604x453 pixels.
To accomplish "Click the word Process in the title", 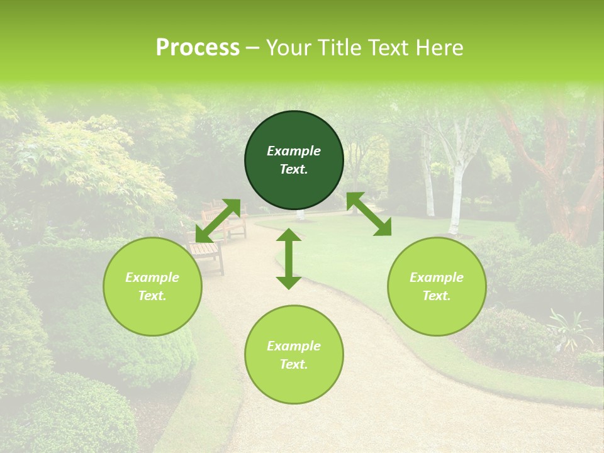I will click(x=198, y=48).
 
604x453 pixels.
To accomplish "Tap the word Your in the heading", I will click(x=288, y=48).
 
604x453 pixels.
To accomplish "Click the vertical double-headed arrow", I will click(x=289, y=259).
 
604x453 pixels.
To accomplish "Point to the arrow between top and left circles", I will click(x=218, y=221).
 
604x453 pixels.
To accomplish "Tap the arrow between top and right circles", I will click(x=369, y=214).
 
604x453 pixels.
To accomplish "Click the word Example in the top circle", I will click(x=294, y=151).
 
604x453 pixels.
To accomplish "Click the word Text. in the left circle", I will click(x=152, y=296).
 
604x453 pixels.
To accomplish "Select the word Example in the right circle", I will click(x=437, y=277).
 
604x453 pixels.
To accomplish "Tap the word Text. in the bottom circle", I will click(x=294, y=364).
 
